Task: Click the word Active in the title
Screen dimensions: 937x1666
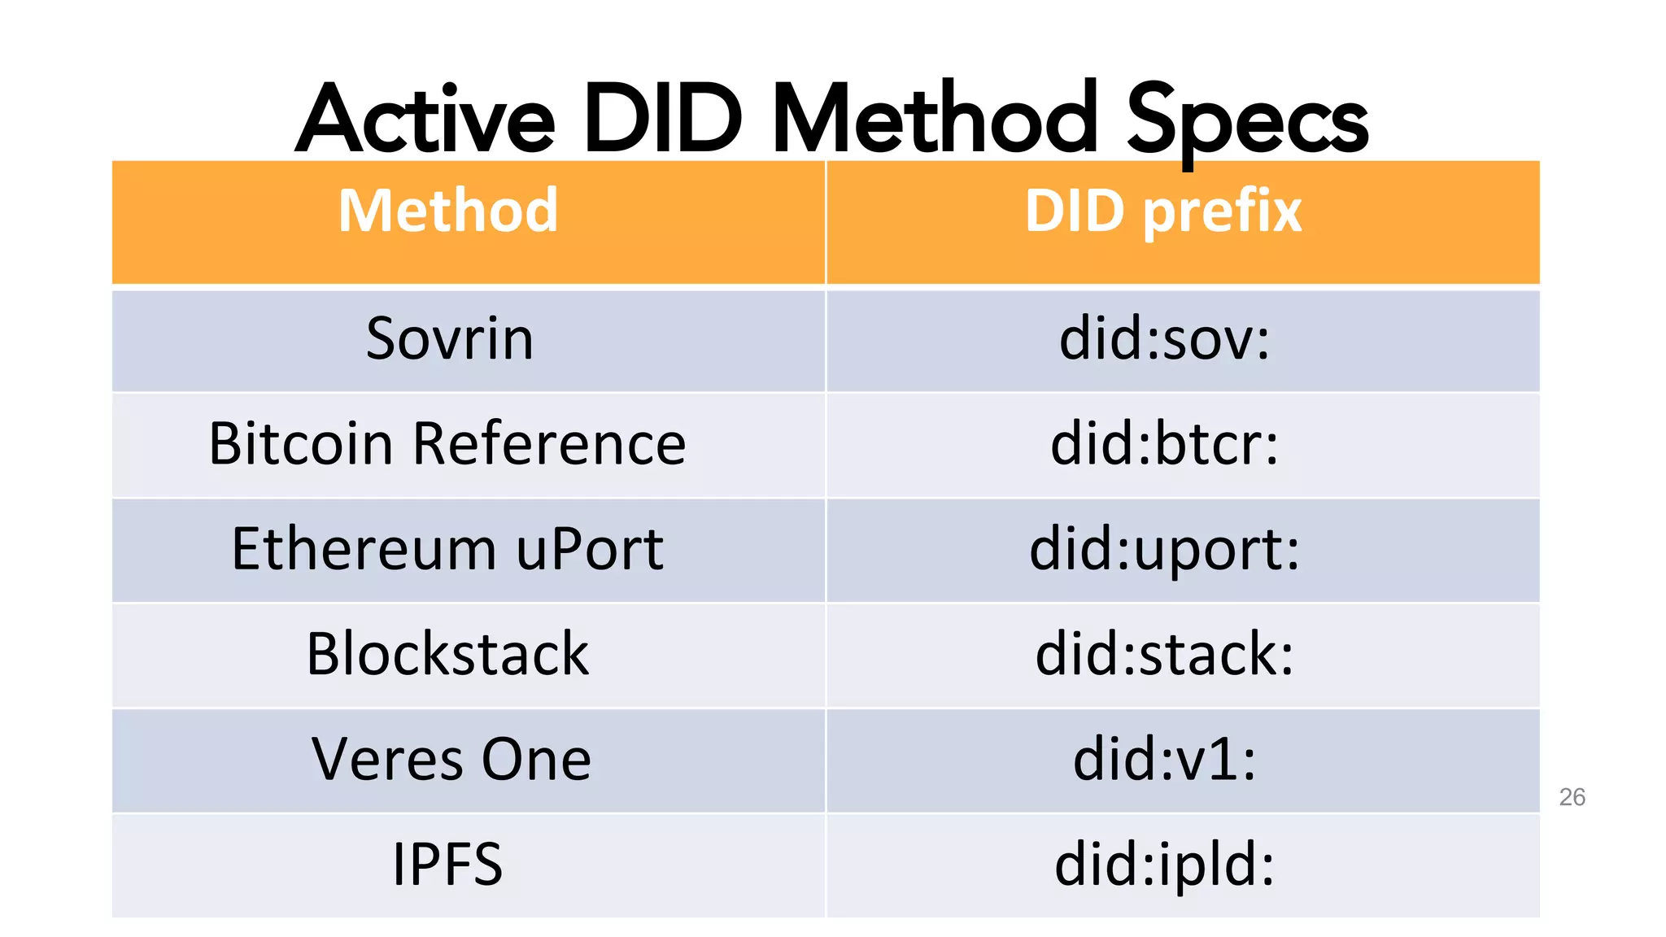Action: pyautogui.click(x=425, y=120)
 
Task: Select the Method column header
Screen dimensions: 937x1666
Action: pyautogui.click(x=448, y=211)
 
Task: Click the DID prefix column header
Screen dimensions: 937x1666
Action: pyautogui.click(x=1163, y=211)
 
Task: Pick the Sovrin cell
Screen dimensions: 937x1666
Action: pyautogui.click(x=450, y=339)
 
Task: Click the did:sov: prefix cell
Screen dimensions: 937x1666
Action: pyautogui.click(x=1164, y=339)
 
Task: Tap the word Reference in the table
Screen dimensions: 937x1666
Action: pyautogui.click(x=549, y=444)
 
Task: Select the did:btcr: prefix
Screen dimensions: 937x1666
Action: pyautogui.click(x=1164, y=444)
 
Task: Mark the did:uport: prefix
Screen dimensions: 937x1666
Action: pyautogui.click(x=1164, y=549)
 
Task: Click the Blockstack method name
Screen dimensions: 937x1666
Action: pyautogui.click(x=447, y=654)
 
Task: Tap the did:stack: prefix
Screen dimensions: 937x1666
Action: pyautogui.click(x=1164, y=654)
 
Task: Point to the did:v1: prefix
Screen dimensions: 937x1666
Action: pyautogui.click(x=1164, y=759)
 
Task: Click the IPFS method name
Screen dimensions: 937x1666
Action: pyautogui.click(x=447, y=864)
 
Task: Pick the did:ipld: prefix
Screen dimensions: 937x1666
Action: pyautogui.click(x=1164, y=864)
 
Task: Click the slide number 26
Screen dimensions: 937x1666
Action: pyautogui.click(x=1572, y=797)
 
